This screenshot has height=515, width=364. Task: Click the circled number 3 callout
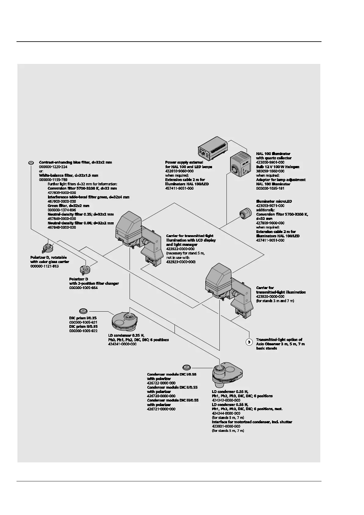[249, 342]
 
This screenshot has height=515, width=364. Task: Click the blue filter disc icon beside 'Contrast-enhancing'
[31, 163]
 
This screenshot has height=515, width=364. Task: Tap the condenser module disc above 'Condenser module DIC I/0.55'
[186, 367]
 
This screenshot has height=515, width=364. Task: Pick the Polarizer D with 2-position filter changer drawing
[84, 269]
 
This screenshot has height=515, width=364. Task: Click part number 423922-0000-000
[180, 249]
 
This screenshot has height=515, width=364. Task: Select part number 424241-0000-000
[122, 344]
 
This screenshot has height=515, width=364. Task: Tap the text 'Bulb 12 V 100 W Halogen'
[278, 167]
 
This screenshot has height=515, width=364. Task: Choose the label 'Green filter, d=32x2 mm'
[68, 206]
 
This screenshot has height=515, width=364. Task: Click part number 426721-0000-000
[161, 409]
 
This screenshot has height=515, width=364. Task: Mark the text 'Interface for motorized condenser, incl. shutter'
[252, 422]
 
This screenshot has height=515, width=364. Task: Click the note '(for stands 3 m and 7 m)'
[275, 301]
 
